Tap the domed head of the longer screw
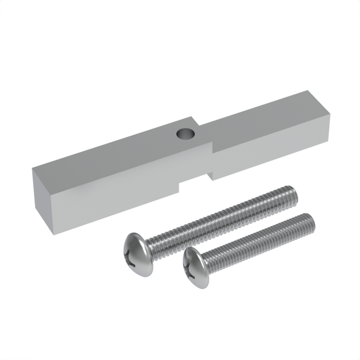(135, 253)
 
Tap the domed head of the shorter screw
(195, 267)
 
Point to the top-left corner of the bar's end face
(33, 168)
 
